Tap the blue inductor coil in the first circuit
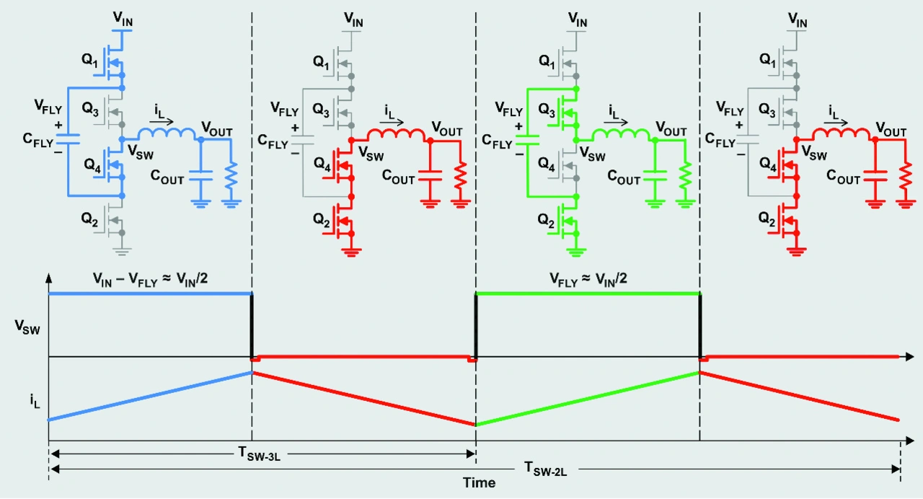[167, 134]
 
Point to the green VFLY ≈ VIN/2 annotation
[588, 279]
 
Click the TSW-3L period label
[259, 454]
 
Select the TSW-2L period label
[545, 469]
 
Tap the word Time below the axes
[479, 482]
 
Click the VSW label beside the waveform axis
[27, 327]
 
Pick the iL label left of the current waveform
[35, 401]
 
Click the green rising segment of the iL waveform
[588, 399]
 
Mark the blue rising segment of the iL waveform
[151, 396]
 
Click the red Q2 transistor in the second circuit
[339, 221]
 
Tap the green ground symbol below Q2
[575, 252]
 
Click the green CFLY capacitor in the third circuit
[527, 140]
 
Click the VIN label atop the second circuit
[353, 19]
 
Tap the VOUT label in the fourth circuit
[891, 129]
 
